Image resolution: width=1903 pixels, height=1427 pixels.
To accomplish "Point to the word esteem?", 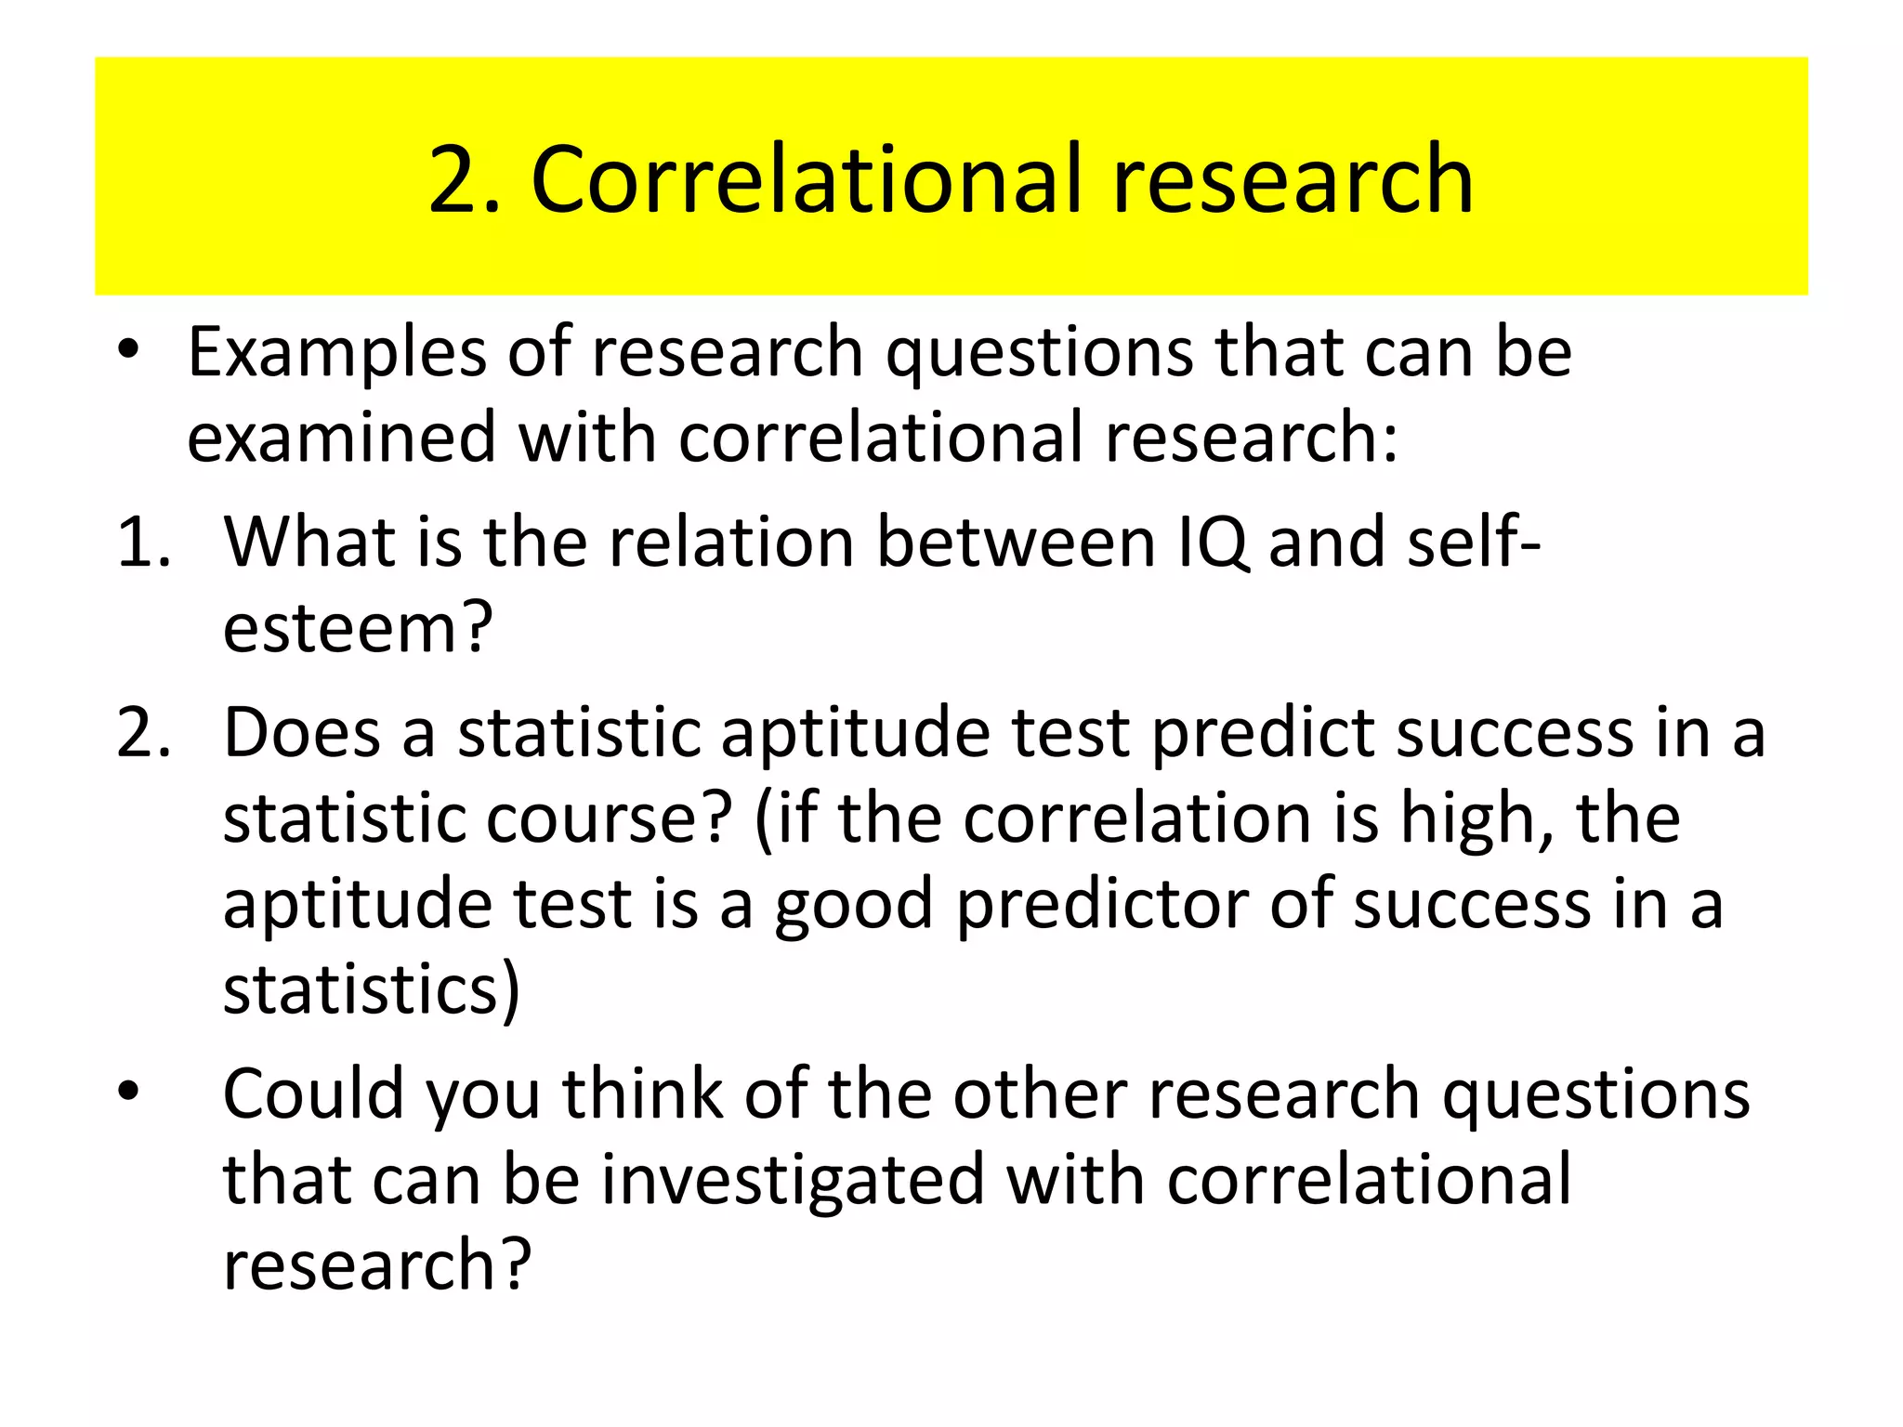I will [x=358, y=629].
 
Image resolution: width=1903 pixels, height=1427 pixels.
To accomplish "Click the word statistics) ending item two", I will [x=372, y=989].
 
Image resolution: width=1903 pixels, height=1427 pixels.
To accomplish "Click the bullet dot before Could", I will [x=129, y=1093].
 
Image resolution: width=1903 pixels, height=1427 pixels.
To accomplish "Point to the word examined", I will [x=341, y=438].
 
